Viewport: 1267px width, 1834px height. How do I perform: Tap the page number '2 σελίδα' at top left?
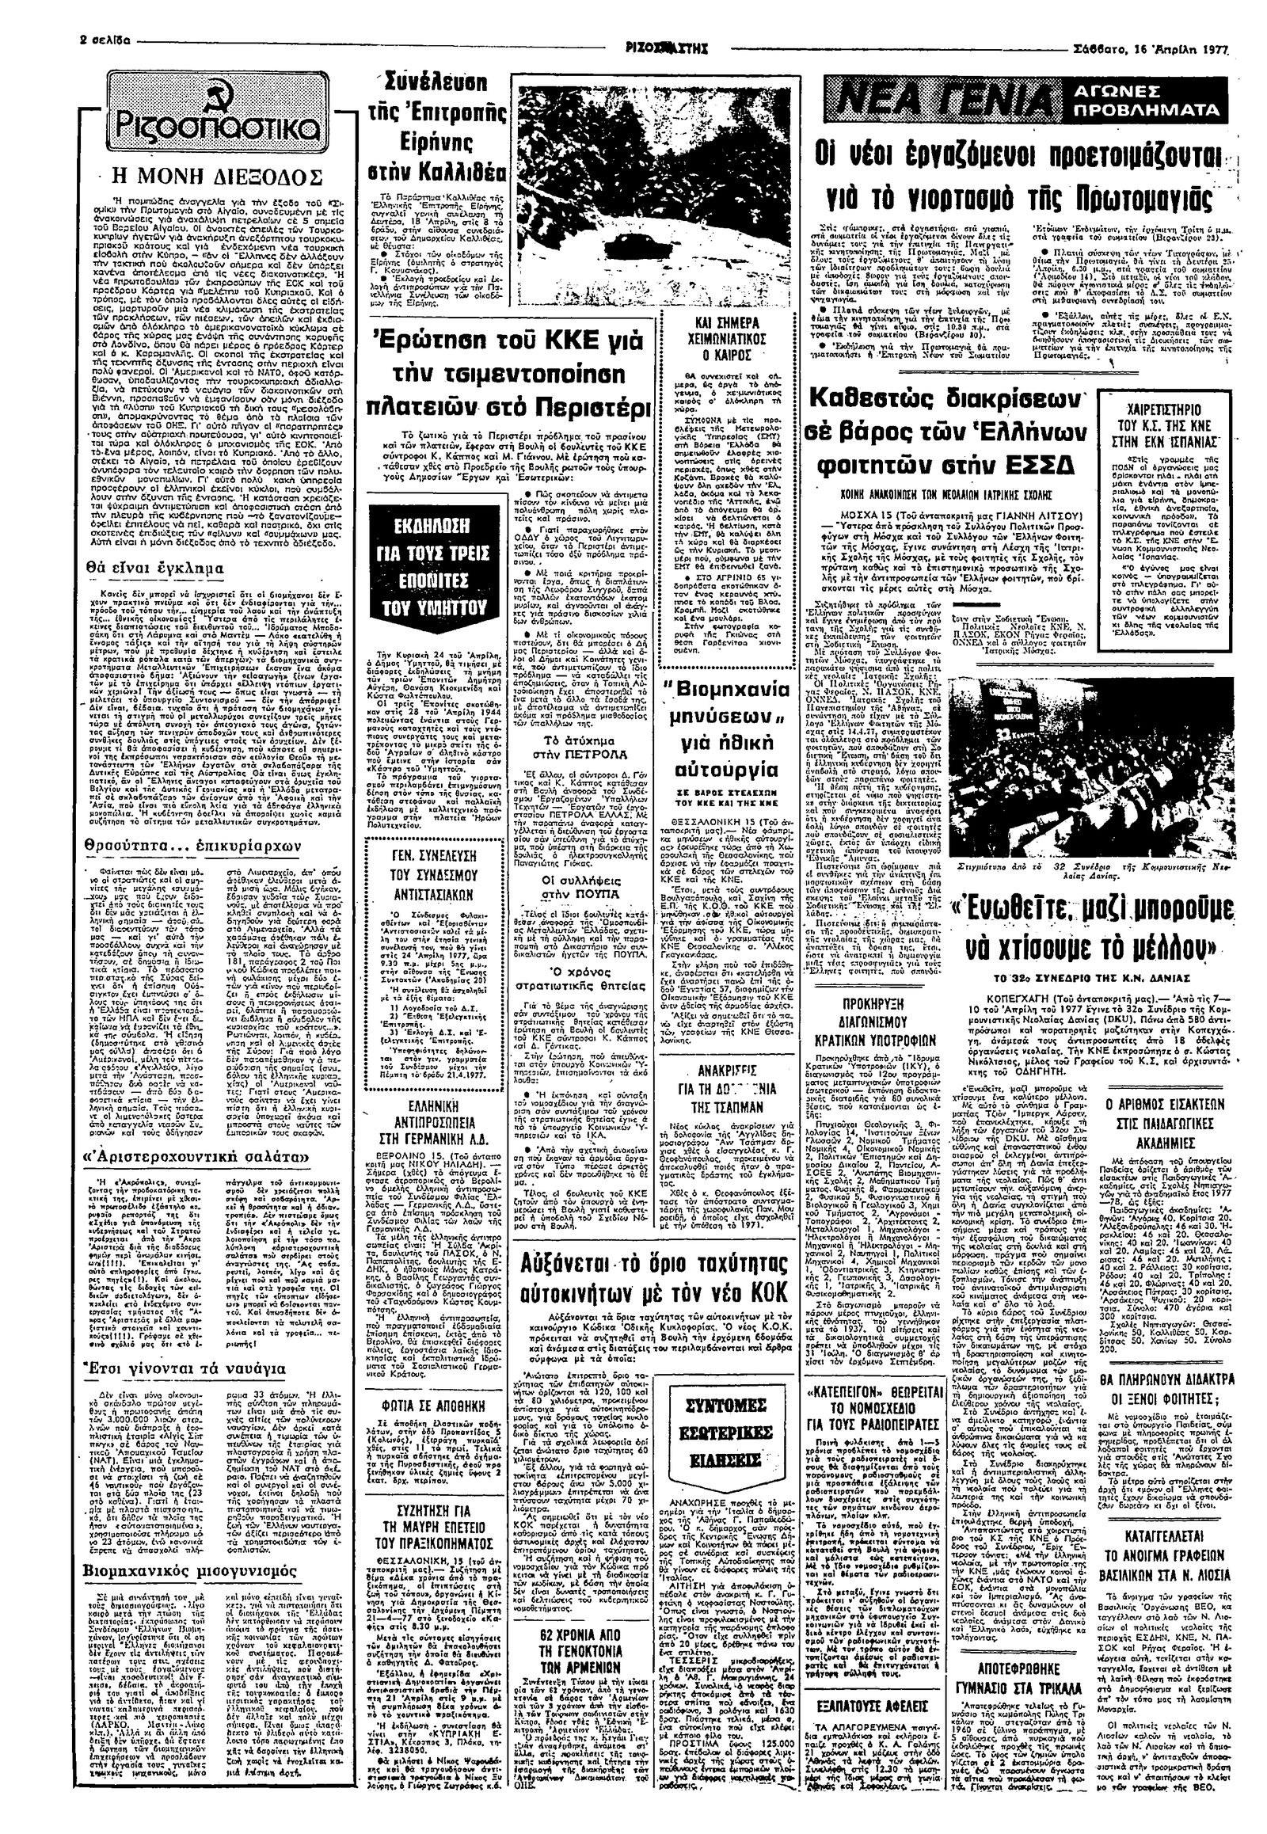[x=29, y=40]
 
